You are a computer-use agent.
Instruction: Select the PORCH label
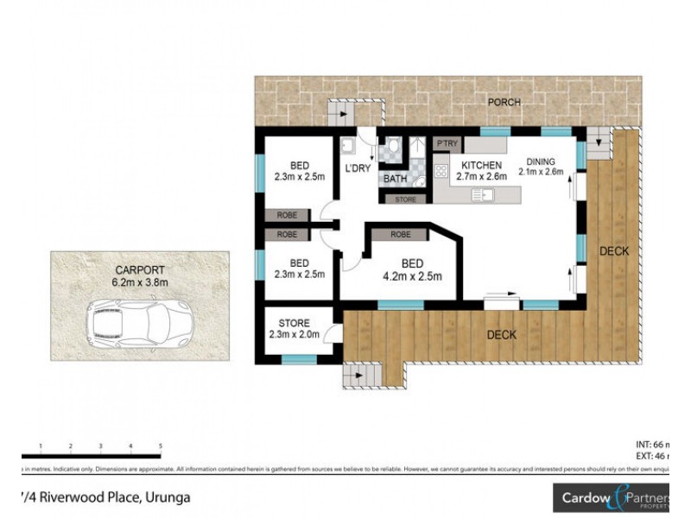(504, 102)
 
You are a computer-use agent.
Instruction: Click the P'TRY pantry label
(447, 143)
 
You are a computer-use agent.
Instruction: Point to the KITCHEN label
(482, 165)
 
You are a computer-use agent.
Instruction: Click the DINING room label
(541, 161)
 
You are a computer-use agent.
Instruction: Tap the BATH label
(395, 180)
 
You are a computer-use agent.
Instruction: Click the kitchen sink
(481, 196)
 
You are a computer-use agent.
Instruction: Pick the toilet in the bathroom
(393, 148)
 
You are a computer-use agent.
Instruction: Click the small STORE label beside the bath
(406, 200)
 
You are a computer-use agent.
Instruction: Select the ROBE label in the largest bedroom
(400, 234)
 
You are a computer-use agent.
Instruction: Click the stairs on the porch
(341, 113)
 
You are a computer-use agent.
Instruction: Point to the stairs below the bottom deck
(360, 376)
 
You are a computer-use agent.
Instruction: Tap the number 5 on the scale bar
(161, 446)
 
